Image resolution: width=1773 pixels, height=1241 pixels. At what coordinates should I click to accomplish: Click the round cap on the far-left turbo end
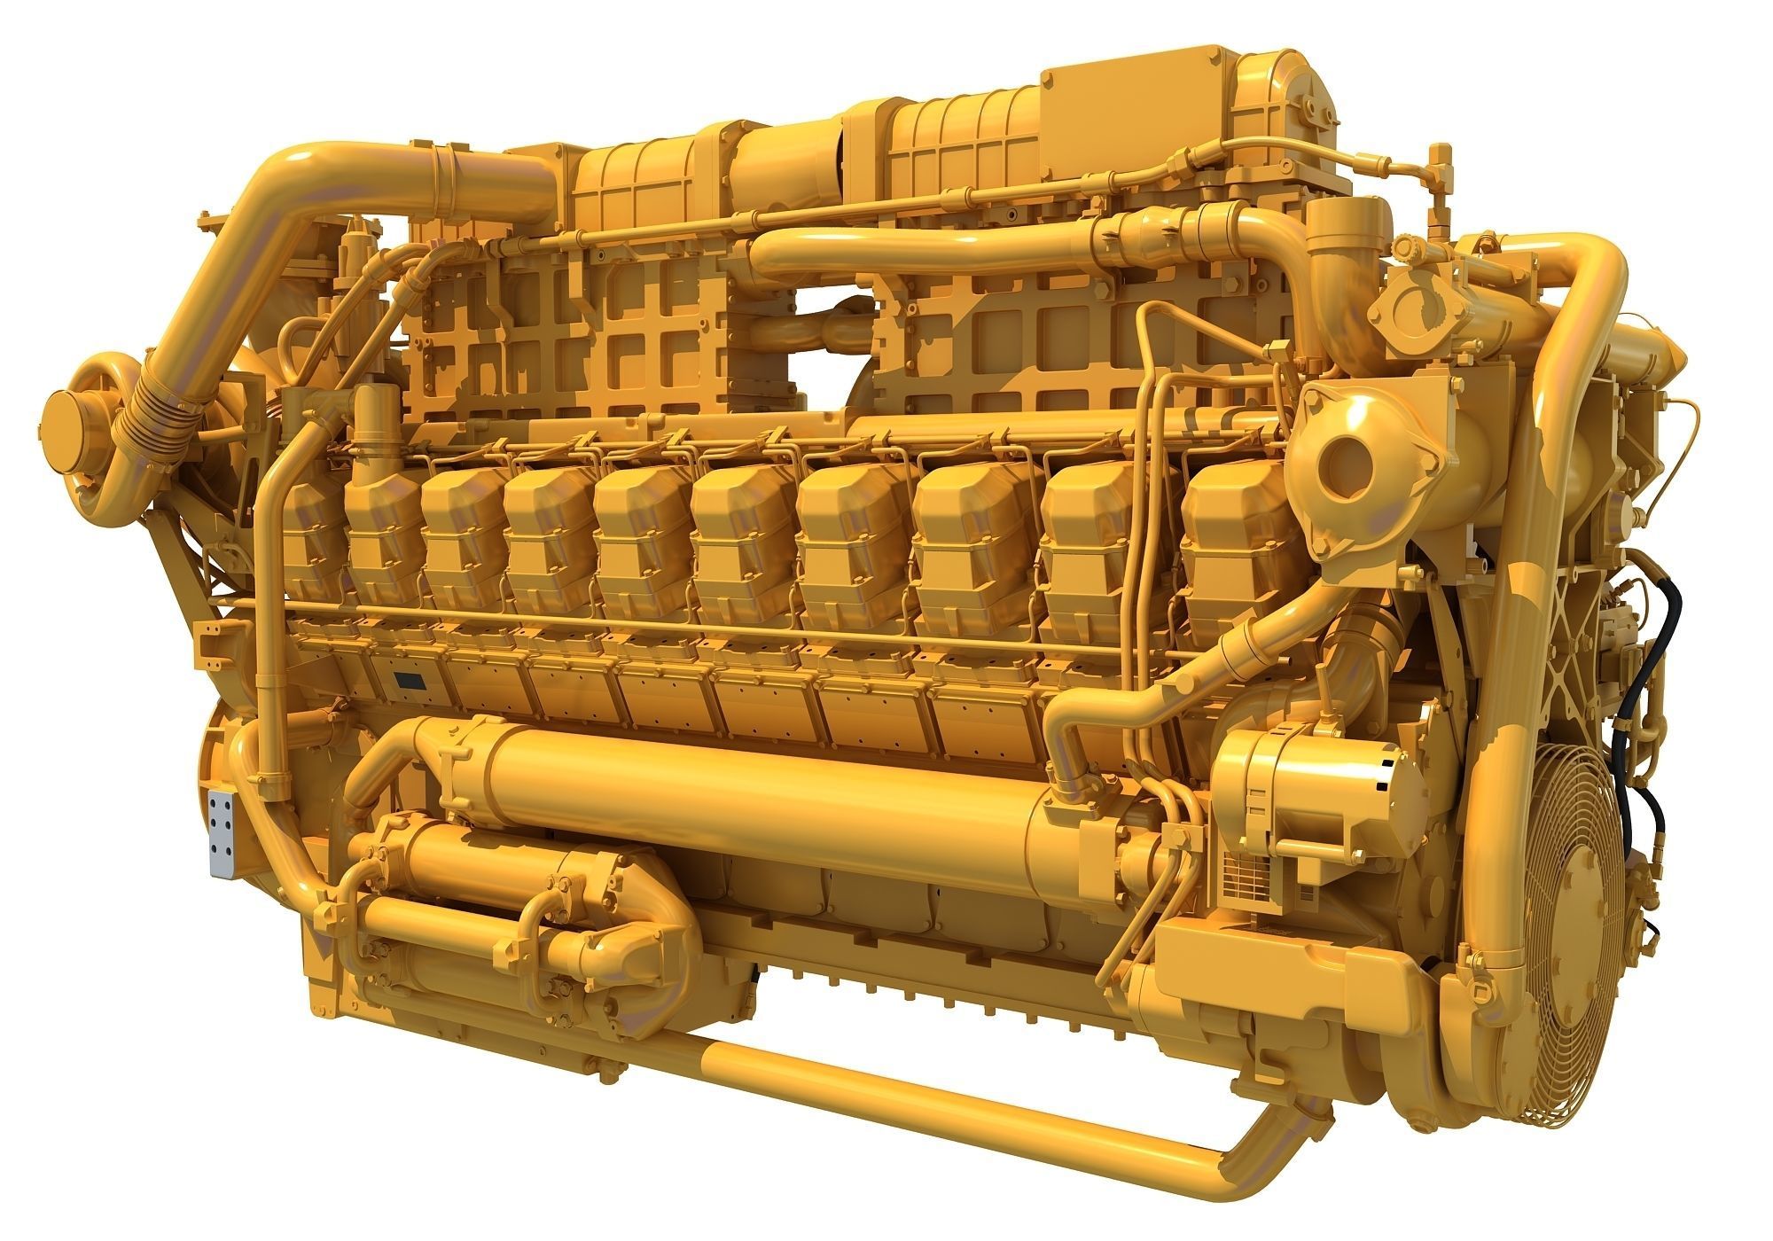[69, 436]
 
